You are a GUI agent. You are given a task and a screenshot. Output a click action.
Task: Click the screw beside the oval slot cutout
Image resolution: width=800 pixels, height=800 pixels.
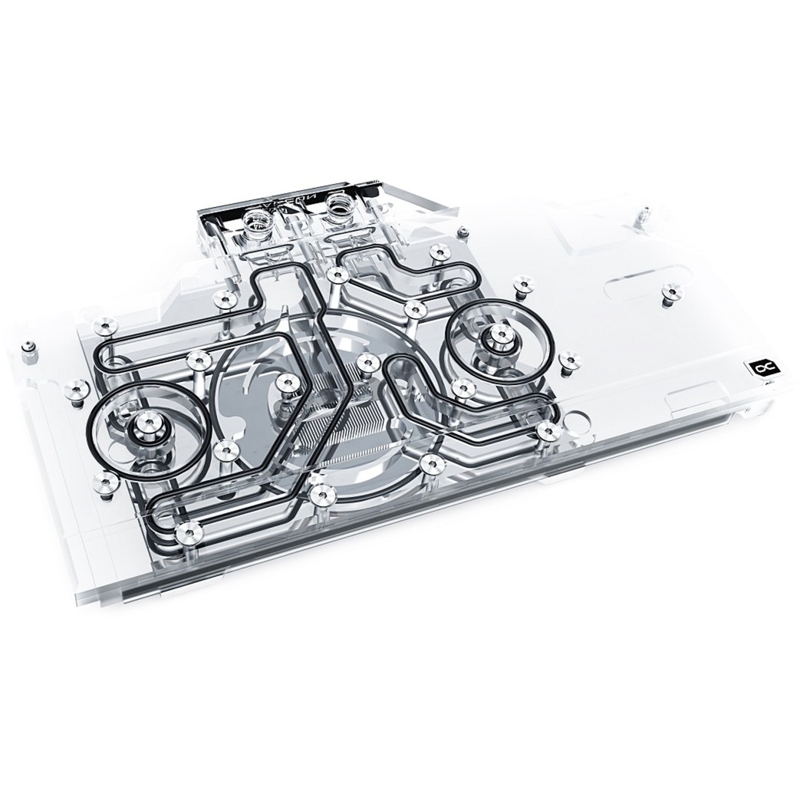[672, 291]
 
